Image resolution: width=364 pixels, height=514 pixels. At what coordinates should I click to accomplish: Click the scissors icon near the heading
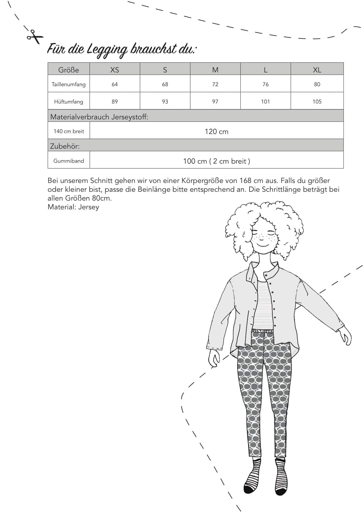pos(34,36)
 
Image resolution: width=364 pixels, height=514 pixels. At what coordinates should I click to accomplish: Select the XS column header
pos(114,70)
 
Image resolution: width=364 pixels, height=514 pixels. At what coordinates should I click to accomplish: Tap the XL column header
pos(317,70)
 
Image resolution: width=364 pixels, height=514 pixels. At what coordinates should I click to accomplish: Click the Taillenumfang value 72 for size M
pos(215,84)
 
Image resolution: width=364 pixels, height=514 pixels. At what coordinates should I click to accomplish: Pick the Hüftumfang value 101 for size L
pos(265,102)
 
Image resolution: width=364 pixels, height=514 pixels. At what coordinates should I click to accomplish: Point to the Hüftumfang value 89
pos(114,102)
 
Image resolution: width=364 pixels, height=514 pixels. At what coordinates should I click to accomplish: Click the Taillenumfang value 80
pos(317,84)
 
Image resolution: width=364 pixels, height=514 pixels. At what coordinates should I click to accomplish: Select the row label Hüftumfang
pos(69,102)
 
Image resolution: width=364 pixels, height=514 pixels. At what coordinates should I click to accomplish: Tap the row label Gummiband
pos(69,161)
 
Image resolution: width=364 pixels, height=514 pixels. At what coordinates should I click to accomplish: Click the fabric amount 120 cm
pos(217,132)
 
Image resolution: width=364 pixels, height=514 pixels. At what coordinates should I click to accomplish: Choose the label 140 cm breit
pos(69,131)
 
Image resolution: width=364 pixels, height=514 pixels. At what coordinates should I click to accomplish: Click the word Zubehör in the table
pos(65,146)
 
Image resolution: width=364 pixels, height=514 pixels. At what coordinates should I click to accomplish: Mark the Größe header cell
pos(69,70)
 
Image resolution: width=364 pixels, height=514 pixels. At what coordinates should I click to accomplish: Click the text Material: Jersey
pos(73,207)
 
